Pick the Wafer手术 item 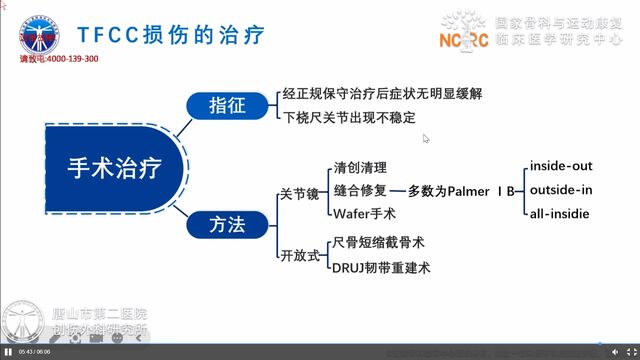pyautogui.click(x=362, y=212)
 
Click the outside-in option pyautogui.click(x=561, y=189)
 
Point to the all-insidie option pyautogui.click(x=560, y=213)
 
